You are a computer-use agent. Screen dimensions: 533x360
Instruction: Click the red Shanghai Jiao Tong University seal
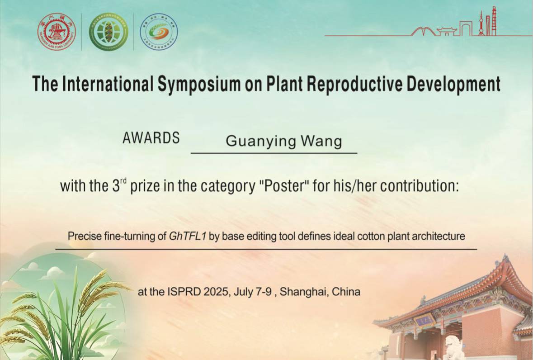click(x=57, y=32)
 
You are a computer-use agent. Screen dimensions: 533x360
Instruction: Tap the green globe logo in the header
click(x=109, y=32)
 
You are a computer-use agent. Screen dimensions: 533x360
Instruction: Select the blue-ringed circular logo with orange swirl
click(x=159, y=32)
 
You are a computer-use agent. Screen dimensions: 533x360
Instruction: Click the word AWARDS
click(x=151, y=137)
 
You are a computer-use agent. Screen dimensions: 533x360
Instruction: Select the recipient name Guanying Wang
click(x=284, y=141)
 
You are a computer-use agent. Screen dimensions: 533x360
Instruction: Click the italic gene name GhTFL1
click(x=188, y=236)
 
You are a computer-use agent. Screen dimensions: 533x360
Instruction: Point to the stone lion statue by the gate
click(x=454, y=347)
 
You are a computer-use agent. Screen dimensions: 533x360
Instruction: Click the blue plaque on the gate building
click(x=425, y=319)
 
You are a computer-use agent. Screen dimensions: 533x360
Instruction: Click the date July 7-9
click(x=252, y=292)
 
